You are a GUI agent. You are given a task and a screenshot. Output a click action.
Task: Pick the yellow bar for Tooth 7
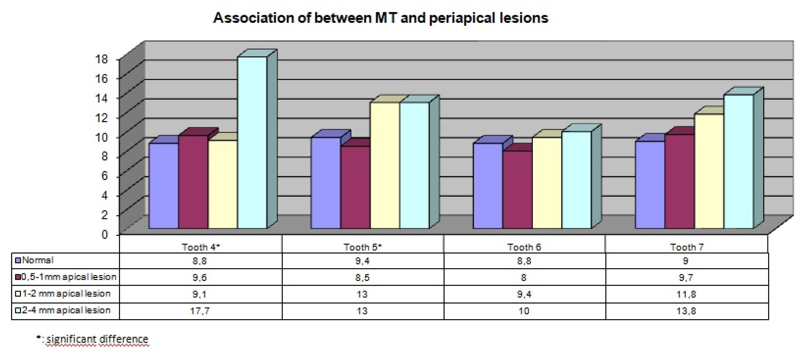tap(709, 171)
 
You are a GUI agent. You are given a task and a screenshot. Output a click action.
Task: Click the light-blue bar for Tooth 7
tap(739, 162)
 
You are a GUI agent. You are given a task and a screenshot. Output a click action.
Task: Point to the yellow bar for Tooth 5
tap(385, 165)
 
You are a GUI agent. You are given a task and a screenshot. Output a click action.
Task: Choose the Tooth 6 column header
tap(524, 247)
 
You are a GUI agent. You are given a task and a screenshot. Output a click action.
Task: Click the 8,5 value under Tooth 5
tap(362, 277)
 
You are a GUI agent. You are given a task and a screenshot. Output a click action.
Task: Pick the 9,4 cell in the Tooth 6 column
tap(524, 294)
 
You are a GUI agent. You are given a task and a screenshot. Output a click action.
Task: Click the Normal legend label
tap(38, 260)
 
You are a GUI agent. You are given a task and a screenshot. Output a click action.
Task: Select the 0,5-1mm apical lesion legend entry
tap(68, 277)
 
